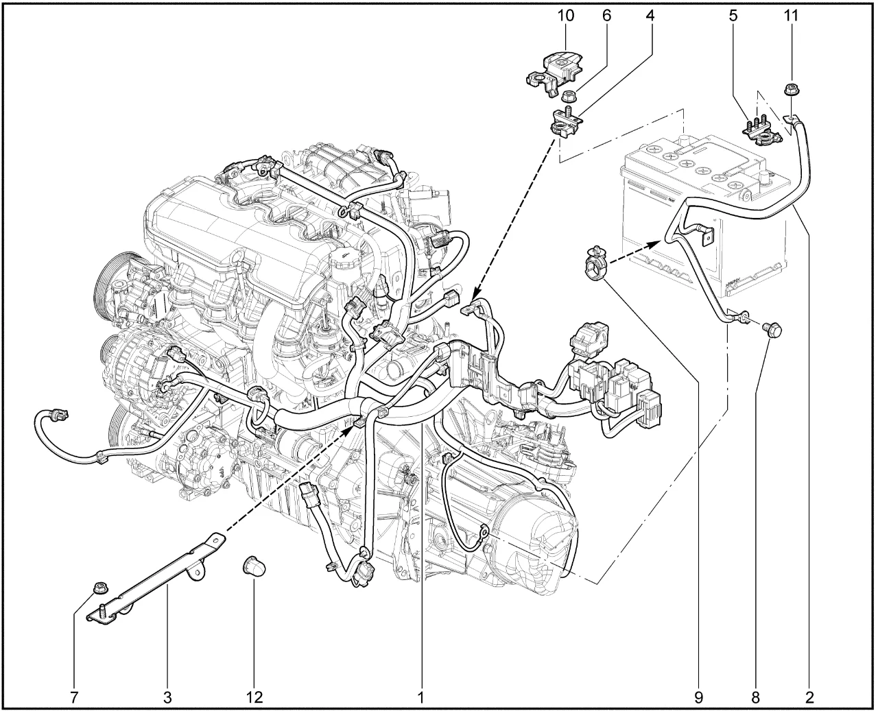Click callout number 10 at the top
(x=566, y=16)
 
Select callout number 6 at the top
(x=606, y=16)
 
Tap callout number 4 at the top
(x=650, y=16)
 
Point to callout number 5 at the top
(x=733, y=16)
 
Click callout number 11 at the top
(x=791, y=16)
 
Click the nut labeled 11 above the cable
(x=790, y=89)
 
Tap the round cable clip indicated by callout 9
(x=595, y=264)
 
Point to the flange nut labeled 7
(x=99, y=588)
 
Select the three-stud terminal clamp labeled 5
(x=761, y=131)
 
